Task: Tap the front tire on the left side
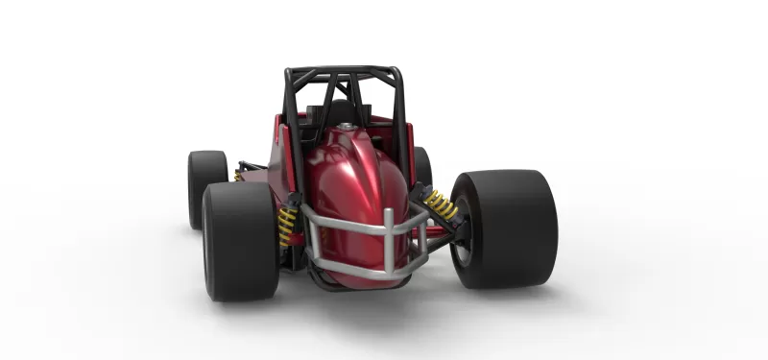(238, 239)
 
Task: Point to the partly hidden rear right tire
(422, 168)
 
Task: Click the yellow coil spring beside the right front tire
(441, 204)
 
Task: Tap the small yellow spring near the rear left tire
(237, 176)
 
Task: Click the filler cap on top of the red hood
(346, 126)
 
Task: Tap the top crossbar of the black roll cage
(344, 71)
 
